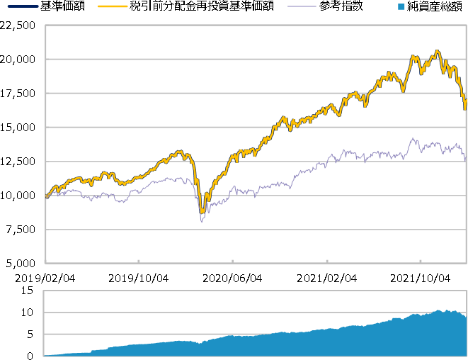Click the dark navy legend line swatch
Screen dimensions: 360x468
(x=23, y=6)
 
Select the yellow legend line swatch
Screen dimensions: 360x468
(x=113, y=6)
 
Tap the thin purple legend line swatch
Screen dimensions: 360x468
(x=302, y=6)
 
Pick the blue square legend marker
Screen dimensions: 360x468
(x=401, y=6)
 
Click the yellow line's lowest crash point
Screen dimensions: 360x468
(x=202, y=211)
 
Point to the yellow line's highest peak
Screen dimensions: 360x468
(x=438, y=51)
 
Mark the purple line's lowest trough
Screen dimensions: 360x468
(x=201, y=223)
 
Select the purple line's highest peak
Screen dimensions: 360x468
(x=413, y=138)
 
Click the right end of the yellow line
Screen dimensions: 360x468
(x=465, y=108)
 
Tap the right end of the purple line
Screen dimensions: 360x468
(x=465, y=159)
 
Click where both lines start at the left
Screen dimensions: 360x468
(x=46, y=198)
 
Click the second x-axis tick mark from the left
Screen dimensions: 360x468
(x=139, y=261)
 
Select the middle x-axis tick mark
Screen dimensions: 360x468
(x=232, y=261)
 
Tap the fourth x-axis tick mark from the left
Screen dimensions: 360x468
(x=326, y=261)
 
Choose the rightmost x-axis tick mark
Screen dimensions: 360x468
(x=421, y=261)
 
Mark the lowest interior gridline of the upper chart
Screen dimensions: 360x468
(x=255, y=230)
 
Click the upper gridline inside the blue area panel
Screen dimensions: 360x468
(x=255, y=313)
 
